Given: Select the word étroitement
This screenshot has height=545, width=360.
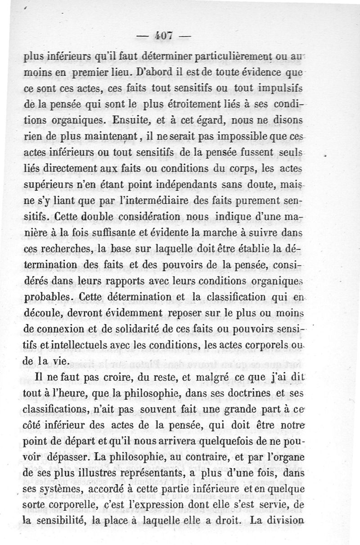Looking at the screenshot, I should pos(206,104).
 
